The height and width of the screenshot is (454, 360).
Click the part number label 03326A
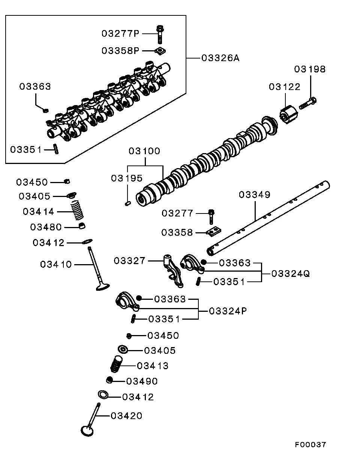coord(220,58)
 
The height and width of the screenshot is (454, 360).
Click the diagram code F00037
coord(310,445)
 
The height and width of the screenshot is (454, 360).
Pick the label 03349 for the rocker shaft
coord(255,195)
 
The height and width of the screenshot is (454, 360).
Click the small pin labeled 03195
coord(127,204)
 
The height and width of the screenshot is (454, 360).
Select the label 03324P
coord(228,311)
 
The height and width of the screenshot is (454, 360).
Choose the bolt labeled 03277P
coord(160,34)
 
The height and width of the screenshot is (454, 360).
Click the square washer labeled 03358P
coord(160,51)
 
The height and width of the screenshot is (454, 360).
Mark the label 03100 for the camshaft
coord(144,151)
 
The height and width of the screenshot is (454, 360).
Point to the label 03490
coord(142,381)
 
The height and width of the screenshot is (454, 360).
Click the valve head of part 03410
coord(102,287)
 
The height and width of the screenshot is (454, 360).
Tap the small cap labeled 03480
coord(82,226)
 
